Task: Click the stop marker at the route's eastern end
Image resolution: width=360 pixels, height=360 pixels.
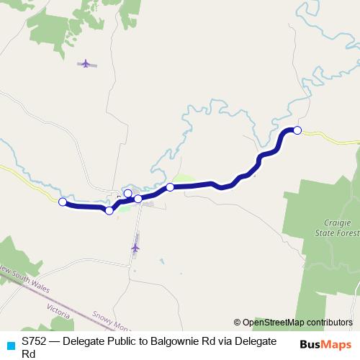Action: [x=297, y=130]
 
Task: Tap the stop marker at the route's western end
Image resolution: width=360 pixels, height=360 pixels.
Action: [x=63, y=202]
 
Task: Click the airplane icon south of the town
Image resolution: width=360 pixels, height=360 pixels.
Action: [x=135, y=248]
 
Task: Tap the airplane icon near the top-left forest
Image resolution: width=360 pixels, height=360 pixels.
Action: [x=86, y=63]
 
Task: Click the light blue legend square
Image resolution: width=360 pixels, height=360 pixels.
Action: [x=9, y=344]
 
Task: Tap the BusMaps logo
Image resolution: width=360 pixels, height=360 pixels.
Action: [x=325, y=345]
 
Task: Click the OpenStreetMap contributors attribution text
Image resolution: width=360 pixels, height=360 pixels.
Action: [x=297, y=322]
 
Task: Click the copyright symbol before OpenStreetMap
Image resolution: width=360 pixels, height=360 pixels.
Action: [x=238, y=322]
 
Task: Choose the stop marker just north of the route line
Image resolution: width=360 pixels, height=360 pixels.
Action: [x=128, y=193]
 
